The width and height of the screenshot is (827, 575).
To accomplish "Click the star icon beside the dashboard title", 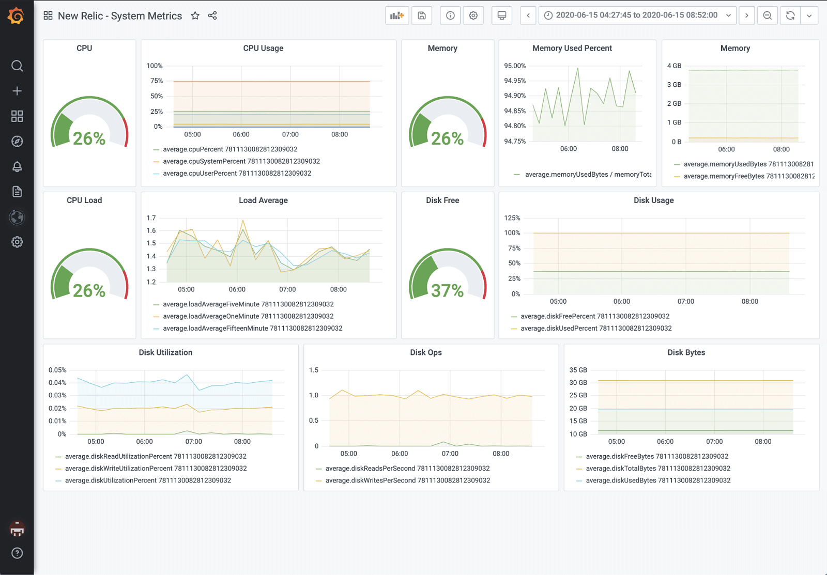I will (195, 15).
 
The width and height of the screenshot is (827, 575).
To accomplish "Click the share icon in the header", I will (212, 15).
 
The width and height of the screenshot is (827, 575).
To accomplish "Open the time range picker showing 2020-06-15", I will (637, 15).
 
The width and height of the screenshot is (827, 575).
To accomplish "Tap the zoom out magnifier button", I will (767, 15).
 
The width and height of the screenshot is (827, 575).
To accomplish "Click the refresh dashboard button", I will (790, 15).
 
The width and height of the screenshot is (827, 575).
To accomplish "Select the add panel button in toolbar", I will (397, 15).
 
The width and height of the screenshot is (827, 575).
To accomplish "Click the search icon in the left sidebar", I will (17, 66).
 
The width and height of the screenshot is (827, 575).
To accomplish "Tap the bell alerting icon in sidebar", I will (17, 166).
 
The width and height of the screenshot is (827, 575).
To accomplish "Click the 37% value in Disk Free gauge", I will (447, 290).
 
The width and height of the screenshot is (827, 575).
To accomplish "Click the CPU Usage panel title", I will (263, 48).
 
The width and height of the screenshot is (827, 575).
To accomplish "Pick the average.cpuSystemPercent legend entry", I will (241, 161).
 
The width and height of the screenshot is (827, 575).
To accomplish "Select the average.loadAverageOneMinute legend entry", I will (248, 316).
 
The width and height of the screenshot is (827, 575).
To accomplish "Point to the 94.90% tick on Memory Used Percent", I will (514, 96).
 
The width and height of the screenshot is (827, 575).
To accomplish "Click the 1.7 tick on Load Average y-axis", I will (151, 218).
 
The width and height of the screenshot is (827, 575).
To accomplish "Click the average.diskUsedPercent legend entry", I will (595, 328).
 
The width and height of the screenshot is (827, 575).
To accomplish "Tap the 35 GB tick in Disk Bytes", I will (578, 370).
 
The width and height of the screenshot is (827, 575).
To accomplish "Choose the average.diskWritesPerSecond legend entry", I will (407, 480).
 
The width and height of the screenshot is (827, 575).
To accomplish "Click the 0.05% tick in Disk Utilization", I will (57, 370).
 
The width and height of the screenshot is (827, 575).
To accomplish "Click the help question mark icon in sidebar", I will (17, 553).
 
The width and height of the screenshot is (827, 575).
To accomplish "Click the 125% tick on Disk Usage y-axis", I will (512, 218).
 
